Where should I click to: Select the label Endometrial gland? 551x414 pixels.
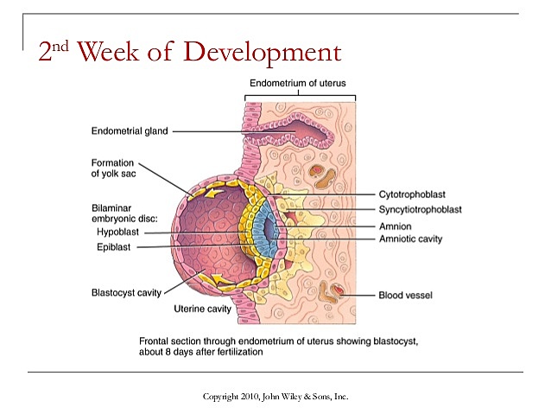pyautogui.click(x=130, y=131)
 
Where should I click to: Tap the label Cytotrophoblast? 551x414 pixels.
pyautogui.click(x=416, y=194)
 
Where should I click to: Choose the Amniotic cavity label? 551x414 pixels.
pyautogui.click(x=410, y=238)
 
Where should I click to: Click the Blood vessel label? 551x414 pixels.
pyautogui.click(x=406, y=296)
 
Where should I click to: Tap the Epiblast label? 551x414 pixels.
pyautogui.click(x=116, y=248)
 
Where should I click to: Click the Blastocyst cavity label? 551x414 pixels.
pyautogui.click(x=126, y=292)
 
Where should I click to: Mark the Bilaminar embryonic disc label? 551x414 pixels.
pyautogui.click(x=126, y=213)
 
